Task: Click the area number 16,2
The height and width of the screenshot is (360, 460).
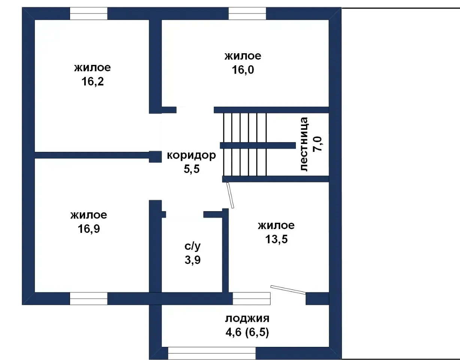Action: [x=93, y=81]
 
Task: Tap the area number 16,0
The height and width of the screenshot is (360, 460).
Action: [x=243, y=70]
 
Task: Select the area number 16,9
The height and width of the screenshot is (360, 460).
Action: [x=89, y=229]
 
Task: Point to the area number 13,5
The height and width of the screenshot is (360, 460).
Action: [x=276, y=239]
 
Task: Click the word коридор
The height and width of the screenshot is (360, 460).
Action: [x=191, y=155]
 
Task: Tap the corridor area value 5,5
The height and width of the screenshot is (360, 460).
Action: [x=191, y=169]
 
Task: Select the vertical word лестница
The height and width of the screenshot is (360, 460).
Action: [x=304, y=144]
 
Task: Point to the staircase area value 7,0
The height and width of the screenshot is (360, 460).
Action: [x=317, y=144]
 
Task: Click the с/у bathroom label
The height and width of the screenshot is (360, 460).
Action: [x=193, y=246]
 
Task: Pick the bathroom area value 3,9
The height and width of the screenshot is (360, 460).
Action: [x=193, y=260]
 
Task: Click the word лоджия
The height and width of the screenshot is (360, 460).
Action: [x=247, y=318]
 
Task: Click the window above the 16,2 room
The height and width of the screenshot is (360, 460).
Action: [x=88, y=13]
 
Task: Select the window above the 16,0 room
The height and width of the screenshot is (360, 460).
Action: [x=247, y=13]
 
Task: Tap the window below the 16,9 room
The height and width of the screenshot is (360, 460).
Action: [x=88, y=298]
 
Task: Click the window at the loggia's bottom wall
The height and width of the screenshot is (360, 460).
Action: [x=212, y=353]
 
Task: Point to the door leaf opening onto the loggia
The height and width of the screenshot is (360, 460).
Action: [x=288, y=289]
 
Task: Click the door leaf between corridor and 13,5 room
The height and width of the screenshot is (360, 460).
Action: [x=230, y=195]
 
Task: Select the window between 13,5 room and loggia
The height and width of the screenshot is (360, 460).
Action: [x=251, y=298]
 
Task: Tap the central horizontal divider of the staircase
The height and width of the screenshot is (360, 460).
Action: [x=258, y=145]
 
